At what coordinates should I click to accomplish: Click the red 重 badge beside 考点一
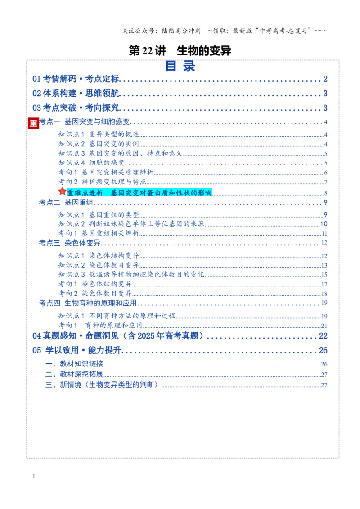33,123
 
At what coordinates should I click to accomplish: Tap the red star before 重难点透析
62,192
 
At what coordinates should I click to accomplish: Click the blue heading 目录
180,66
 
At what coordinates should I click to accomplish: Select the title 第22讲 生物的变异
180,51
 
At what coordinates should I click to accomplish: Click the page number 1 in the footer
34,476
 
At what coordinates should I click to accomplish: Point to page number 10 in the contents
324,224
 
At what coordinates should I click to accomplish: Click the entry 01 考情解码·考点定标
76,79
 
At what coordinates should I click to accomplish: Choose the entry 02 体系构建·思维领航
76,94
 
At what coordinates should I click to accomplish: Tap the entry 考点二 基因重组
66,202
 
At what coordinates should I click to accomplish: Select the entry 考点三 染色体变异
70,243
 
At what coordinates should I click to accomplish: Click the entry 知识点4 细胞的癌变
92,163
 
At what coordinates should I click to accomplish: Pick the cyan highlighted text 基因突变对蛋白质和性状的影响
161,193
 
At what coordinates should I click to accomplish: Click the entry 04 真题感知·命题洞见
118,336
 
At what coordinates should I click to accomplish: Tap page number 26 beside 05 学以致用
323,351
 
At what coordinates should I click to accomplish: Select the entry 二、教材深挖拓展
74,374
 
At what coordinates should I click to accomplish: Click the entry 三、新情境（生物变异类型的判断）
103,385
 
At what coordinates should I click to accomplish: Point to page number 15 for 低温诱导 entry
324,275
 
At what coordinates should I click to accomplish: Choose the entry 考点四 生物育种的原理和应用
88,303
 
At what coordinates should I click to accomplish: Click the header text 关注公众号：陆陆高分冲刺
162,31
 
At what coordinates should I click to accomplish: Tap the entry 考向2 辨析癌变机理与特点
102,182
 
